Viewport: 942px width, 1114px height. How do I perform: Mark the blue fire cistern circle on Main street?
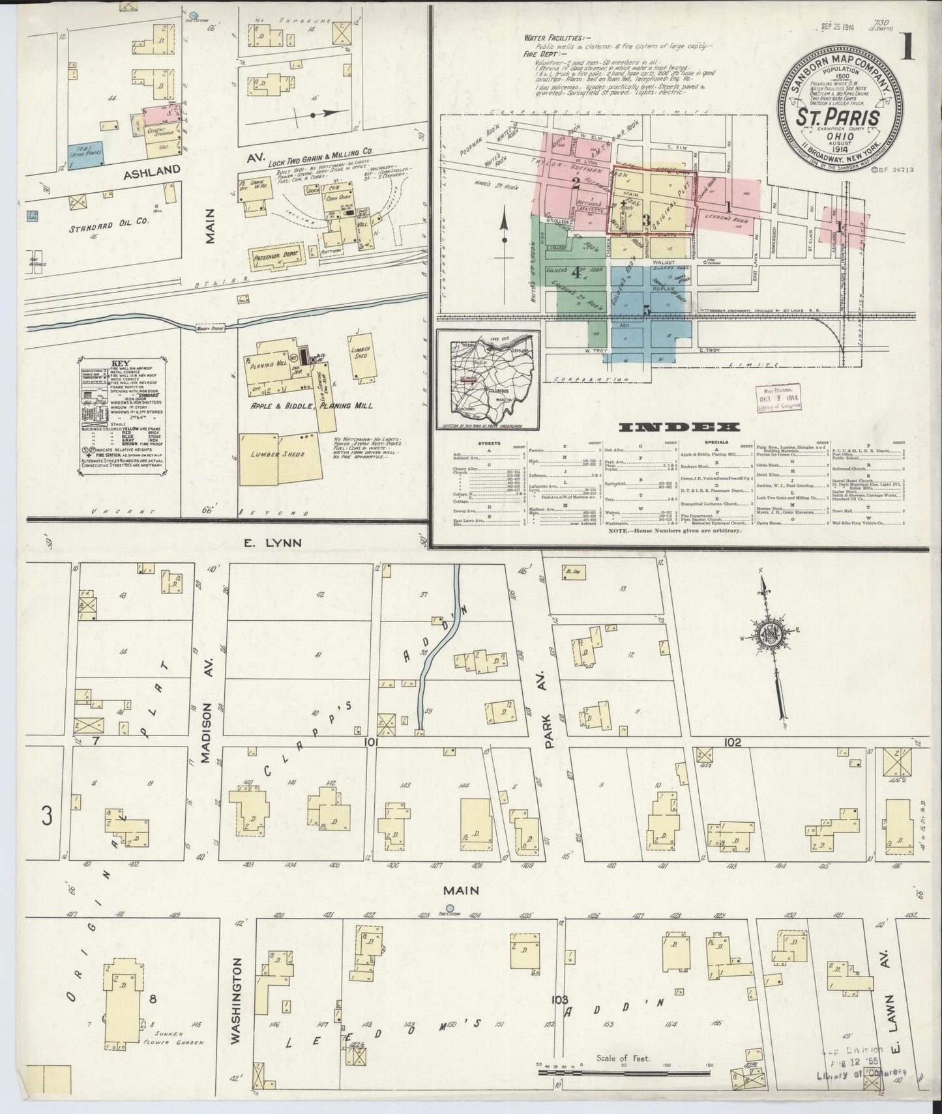click(x=449, y=908)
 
